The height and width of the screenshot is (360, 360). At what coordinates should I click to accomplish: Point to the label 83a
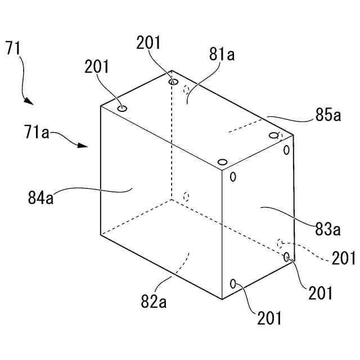[x=328, y=229]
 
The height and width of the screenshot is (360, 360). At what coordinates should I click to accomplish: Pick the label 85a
[x=328, y=116]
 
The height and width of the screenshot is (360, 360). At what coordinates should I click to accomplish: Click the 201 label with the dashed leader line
[x=344, y=258]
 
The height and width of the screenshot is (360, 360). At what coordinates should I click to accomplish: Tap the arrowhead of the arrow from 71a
[x=83, y=146]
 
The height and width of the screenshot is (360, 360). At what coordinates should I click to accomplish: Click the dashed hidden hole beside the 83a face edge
[x=280, y=243]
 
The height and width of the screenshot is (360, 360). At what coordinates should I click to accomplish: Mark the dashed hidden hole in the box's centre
[x=187, y=196]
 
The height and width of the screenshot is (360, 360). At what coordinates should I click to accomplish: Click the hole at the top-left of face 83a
[x=232, y=176]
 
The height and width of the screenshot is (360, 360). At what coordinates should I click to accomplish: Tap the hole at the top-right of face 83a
[x=286, y=150]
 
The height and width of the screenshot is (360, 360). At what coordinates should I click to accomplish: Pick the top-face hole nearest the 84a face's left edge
[x=122, y=108]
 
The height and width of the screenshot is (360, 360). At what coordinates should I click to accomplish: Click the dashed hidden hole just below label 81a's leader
[x=187, y=89]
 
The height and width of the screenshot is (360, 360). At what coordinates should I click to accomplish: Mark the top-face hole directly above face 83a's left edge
[x=223, y=163]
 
